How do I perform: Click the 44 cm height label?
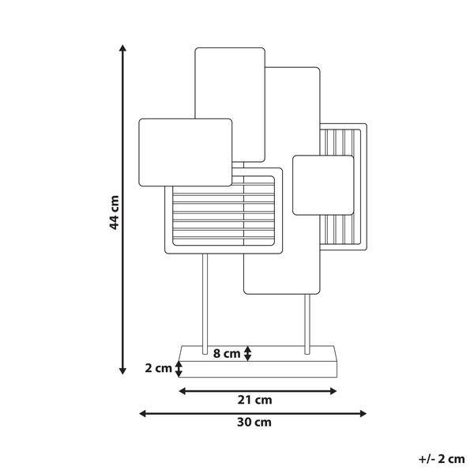pyautogui.click(x=115, y=213)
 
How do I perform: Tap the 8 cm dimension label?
pyautogui.click(x=227, y=353)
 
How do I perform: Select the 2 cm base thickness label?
pyautogui.click(x=159, y=368)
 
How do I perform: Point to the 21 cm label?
pyautogui.click(x=254, y=400)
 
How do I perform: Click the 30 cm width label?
pyautogui.click(x=254, y=422)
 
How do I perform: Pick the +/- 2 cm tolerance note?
pyautogui.click(x=442, y=459)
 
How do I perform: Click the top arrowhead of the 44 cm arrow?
pyautogui.click(x=122, y=48)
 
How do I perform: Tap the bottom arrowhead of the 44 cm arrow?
pyautogui.click(x=122, y=371)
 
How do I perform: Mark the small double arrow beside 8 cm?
pyautogui.click(x=247, y=353)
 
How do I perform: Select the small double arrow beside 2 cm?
pyautogui.click(x=179, y=369)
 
